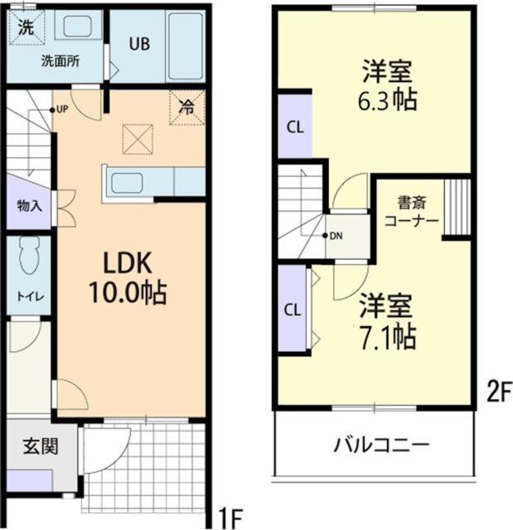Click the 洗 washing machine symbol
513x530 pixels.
point(27,25)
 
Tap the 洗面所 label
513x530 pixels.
point(60,62)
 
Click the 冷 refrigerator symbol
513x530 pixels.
point(187,107)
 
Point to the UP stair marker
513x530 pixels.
point(61,109)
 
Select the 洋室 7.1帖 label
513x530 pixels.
point(387,320)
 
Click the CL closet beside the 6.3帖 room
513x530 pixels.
point(293,127)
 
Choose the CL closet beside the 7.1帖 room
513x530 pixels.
point(293,310)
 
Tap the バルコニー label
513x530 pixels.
point(382,446)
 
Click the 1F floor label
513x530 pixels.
point(231,518)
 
